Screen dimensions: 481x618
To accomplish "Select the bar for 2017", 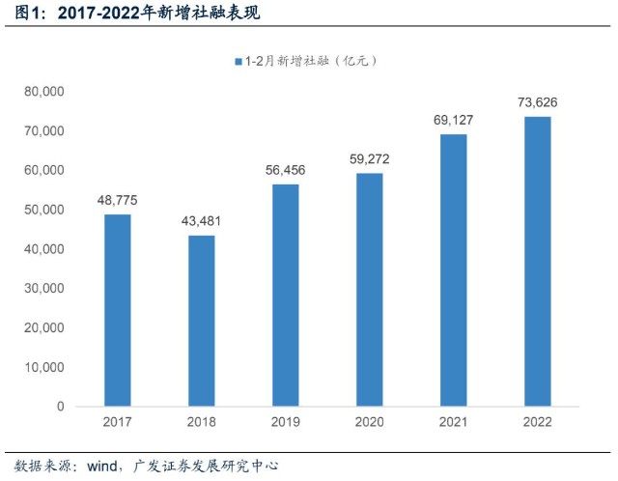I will coord(118,309).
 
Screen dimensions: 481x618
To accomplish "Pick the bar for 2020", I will coord(369,289).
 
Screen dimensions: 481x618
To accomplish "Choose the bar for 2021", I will coord(453,269).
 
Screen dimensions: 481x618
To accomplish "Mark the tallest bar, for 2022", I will coord(537,261).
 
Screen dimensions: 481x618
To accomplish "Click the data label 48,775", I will coord(118,200).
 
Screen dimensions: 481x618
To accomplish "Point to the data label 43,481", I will coord(202,221).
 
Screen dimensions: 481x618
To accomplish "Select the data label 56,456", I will coord(285,170).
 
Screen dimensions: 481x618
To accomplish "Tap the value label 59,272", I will coord(369,158).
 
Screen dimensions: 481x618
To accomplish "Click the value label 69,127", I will coord(453,120).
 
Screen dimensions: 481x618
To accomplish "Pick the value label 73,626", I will coord(537,102).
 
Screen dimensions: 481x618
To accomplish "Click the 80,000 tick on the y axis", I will coord(42,92).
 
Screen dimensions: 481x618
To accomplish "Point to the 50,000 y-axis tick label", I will coord(42,210).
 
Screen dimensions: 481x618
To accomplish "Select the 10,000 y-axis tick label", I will coord(42,367).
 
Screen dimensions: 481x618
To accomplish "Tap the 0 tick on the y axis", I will coord(60,407).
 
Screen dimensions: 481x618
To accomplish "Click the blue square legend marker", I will coord(237,61).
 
